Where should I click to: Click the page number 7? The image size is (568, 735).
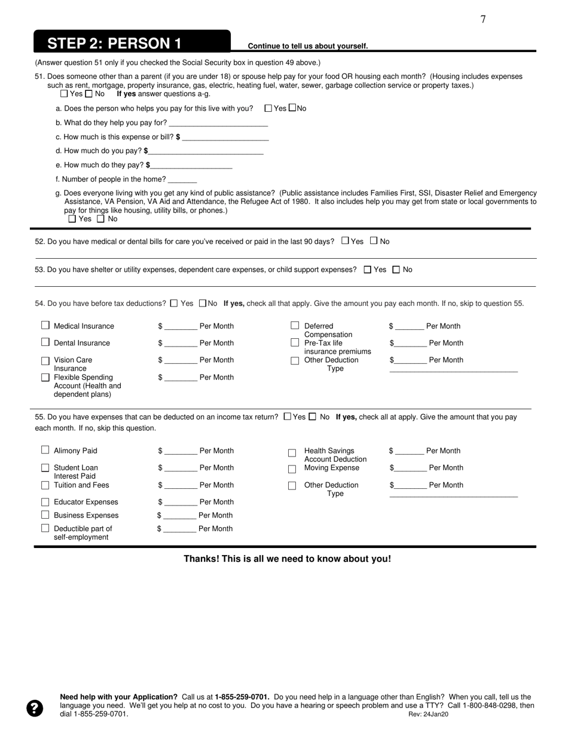(x=483, y=20)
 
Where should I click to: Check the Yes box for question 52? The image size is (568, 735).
(x=345, y=241)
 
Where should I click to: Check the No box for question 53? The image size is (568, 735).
(x=396, y=269)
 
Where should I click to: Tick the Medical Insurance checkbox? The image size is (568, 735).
(x=45, y=325)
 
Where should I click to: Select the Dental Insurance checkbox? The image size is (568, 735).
(x=45, y=342)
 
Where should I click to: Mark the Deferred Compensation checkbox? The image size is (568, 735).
(x=295, y=326)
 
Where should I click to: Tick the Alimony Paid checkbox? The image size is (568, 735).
(x=45, y=450)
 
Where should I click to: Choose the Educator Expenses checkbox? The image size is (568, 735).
(x=45, y=502)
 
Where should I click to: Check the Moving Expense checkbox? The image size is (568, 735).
(x=292, y=469)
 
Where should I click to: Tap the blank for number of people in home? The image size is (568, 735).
(x=182, y=180)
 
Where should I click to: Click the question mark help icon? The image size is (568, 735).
(x=35, y=708)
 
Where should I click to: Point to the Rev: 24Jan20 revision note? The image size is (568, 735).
(x=428, y=714)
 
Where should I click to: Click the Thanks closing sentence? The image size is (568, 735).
(x=287, y=559)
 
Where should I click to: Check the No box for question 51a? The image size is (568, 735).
(x=292, y=108)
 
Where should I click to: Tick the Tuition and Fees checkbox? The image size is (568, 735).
(x=45, y=485)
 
